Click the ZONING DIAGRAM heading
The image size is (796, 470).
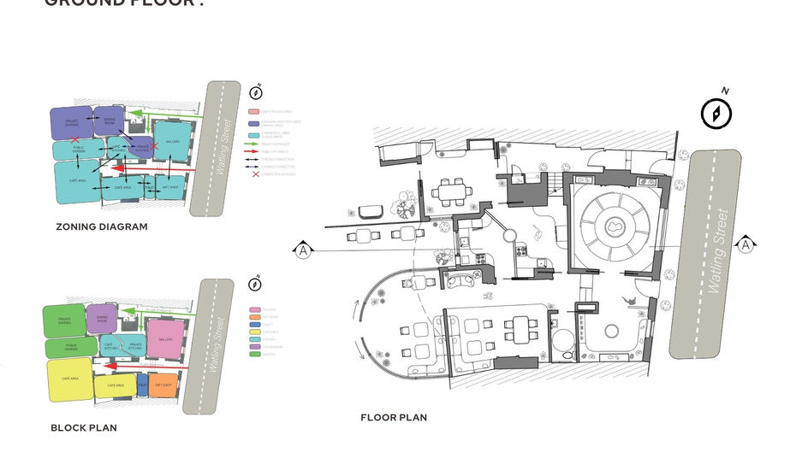pyautogui.click(x=102, y=227)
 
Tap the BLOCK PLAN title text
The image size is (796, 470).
pyautogui.click(x=84, y=427)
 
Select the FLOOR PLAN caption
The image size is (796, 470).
pyautogui.click(x=394, y=418)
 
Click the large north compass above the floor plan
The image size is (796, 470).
pyautogui.click(x=716, y=113)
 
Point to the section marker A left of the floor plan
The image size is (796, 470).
pyautogui.click(x=302, y=250)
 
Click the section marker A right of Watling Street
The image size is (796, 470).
pyautogui.click(x=745, y=245)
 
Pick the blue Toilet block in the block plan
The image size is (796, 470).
pyautogui.click(x=142, y=385)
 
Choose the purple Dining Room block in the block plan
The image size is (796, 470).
pyautogui.click(x=102, y=318)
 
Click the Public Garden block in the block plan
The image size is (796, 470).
pyautogui.click(x=70, y=347)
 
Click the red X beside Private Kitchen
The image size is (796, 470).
pyautogui.click(x=155, y=146)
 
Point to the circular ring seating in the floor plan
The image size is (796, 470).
pyautogui.click(x=615, y=228)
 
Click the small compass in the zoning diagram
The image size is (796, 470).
pyautogui.click(x=255, y=91)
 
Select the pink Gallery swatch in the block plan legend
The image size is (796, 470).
pyautogui.click(x=255, y=309)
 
